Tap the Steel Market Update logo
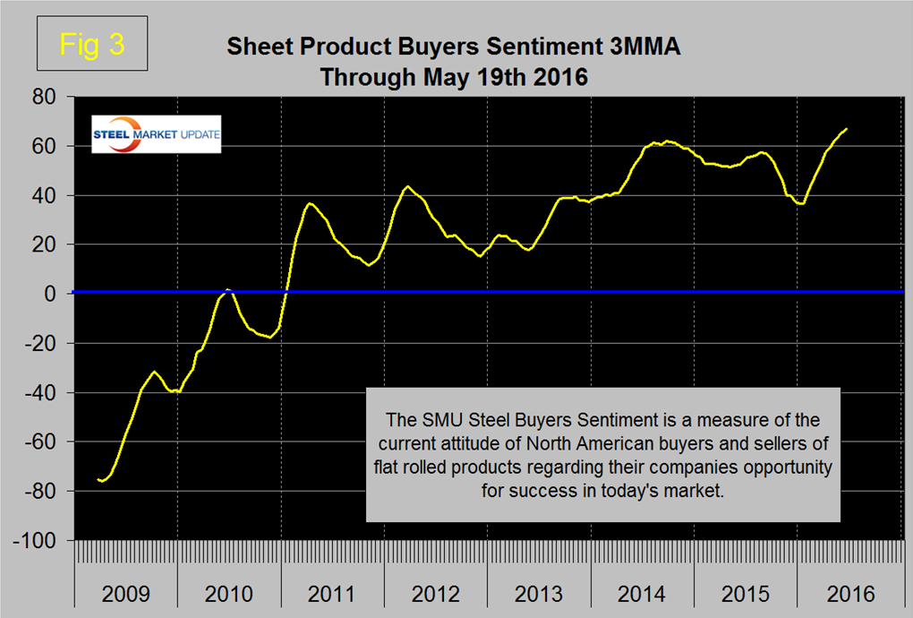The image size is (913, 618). [x=157, y=134]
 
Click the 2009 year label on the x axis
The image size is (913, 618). [x=125, y=594]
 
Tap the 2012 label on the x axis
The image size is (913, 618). [x=436, y=594]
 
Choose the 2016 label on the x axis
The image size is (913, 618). [x=849, y=594]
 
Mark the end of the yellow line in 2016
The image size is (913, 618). [x=847, y=129]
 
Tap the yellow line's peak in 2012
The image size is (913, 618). [x=407, y=186]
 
